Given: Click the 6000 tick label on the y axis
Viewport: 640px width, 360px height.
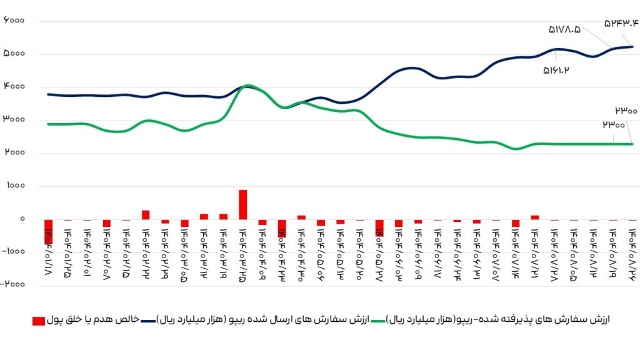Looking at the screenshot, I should tap(14, 21).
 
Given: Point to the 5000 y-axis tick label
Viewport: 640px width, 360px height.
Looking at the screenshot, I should tap(14, 54).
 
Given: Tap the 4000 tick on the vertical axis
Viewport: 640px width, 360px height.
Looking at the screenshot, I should tap(14, 87).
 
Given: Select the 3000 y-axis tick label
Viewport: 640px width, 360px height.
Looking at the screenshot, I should tap(14, 120).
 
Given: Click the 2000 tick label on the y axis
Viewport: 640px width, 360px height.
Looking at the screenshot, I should tap(14, 153).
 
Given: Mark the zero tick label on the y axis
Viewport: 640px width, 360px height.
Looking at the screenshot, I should tap(22, 219).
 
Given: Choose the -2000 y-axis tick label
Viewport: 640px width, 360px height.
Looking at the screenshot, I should tap(12, 285).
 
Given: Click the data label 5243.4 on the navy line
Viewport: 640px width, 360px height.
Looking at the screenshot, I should tap(621, 23).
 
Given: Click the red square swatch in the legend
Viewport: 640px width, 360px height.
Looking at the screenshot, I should tap(38, 321).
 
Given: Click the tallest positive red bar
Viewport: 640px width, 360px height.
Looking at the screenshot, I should tap(243, 204).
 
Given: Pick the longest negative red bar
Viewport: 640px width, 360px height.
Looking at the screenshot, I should tap(48, 231).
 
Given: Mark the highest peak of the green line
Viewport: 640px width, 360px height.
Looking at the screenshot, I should tap(247, 85).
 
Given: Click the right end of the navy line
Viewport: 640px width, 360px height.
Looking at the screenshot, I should tap(632, 47).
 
